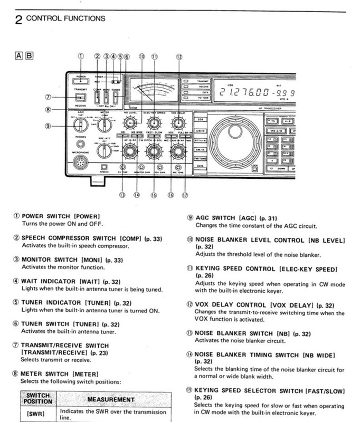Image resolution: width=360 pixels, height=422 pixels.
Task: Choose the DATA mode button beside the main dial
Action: (x=200, y=165)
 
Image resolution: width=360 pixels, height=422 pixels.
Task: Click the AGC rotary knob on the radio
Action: (x=81, y=124)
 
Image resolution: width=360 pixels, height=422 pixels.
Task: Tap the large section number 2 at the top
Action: (x=18, y=20)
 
